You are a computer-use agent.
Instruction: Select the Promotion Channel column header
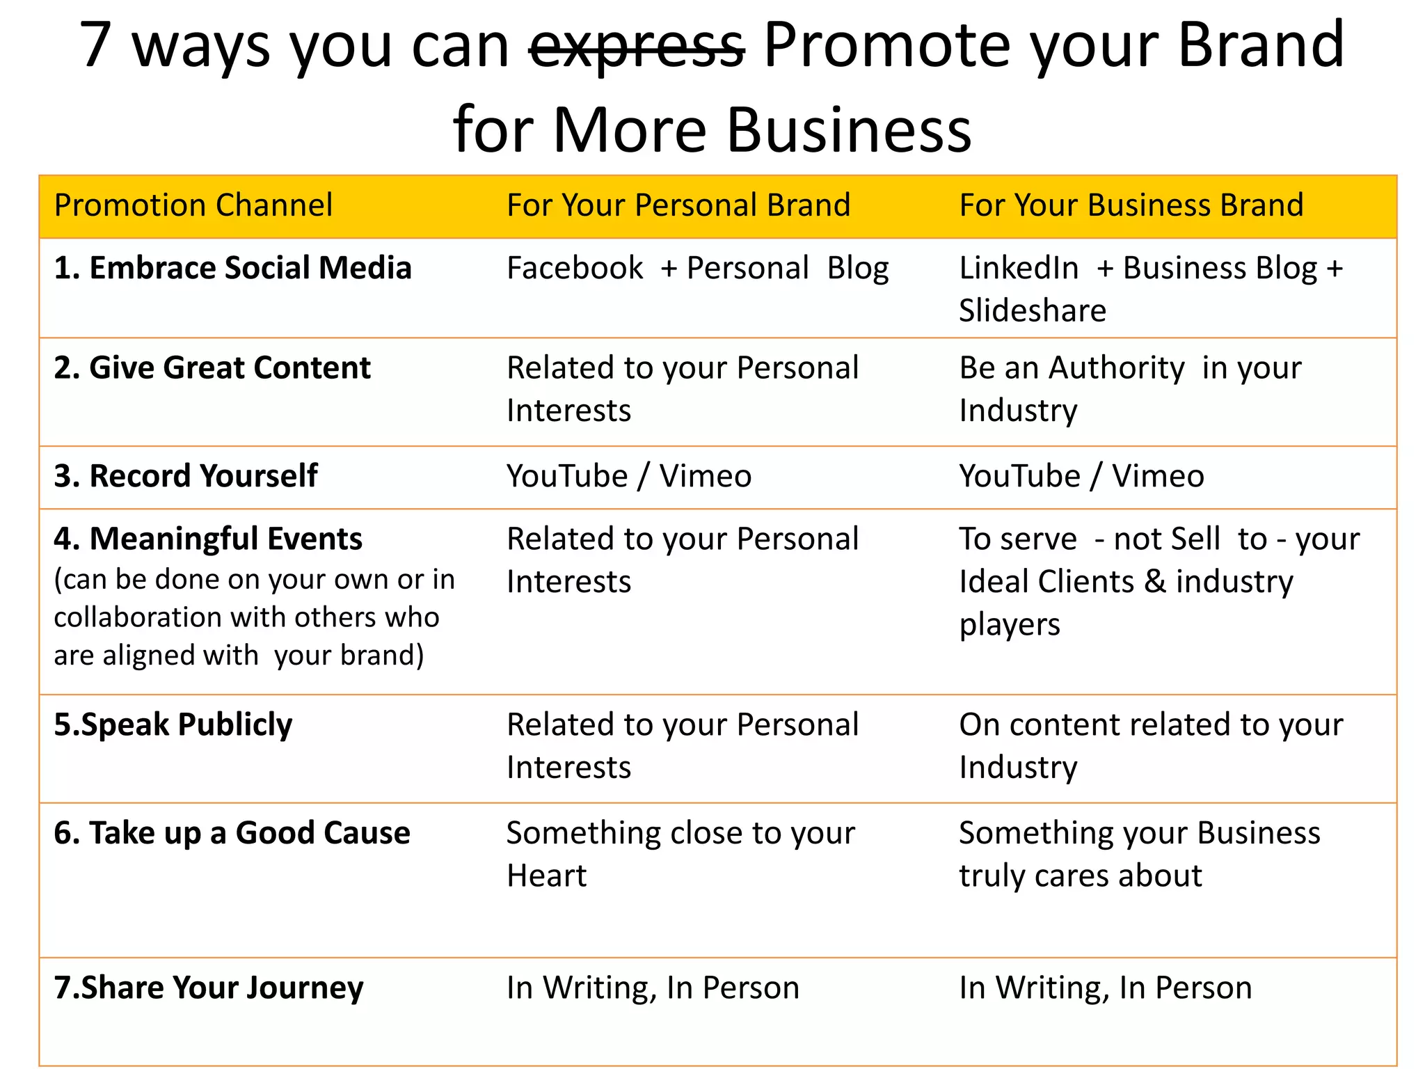coord(193,205)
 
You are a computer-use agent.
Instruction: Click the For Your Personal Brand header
coord(678,205)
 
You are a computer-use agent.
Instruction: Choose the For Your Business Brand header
coord(1131,205)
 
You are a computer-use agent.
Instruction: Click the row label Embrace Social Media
coord(233,269)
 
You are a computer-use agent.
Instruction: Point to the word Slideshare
coord(1032,310)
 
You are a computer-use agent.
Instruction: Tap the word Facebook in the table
coord(575,269)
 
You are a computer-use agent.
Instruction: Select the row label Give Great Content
coord(212,368)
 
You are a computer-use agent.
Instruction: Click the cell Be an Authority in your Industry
coord(1129,388)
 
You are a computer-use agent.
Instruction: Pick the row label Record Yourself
coord(186,477)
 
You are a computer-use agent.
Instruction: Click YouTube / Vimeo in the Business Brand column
coord(1081,477)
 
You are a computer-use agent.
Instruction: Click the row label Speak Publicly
coord(173,725)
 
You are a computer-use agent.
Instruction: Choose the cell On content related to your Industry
coord(1150,745)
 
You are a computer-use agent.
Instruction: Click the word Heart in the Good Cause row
coord(546,876)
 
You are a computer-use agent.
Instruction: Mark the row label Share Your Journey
coord(209,988)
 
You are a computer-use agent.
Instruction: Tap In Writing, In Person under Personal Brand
coord(653,988)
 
